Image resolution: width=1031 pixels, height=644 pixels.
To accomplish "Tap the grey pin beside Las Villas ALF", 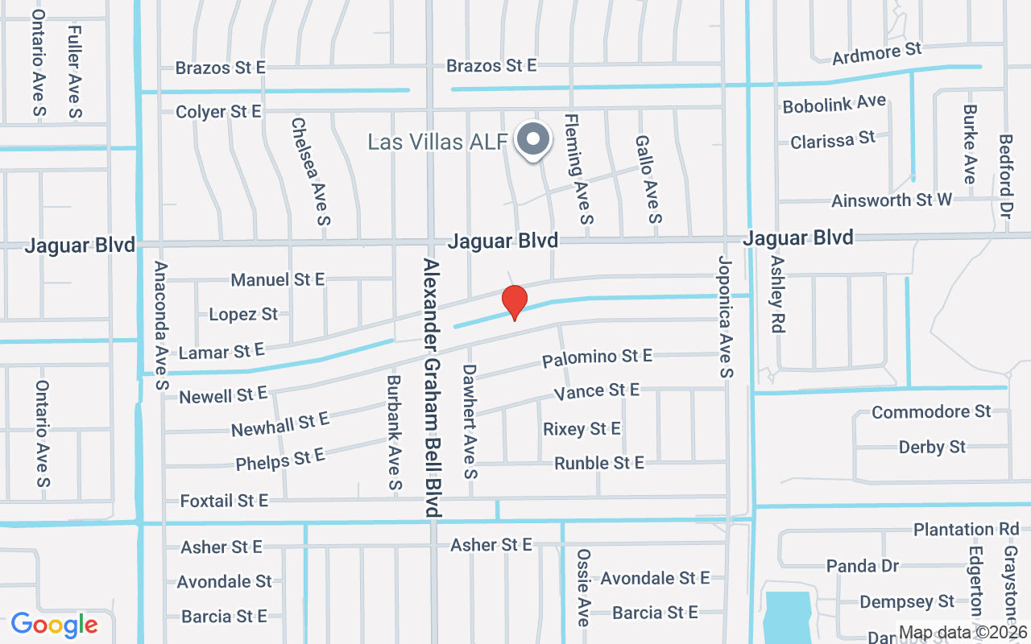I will point(532,141).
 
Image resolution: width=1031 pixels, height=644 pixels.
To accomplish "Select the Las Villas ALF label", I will point(437,142).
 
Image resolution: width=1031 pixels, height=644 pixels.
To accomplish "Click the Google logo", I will point(55,625).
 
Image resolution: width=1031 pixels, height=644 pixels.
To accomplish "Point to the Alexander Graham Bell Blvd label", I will point(433,388).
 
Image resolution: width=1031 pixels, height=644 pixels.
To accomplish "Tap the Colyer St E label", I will point(218,112).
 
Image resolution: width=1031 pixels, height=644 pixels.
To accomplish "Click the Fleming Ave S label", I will point(580,167).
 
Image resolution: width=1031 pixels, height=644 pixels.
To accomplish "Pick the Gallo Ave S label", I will point(648,179).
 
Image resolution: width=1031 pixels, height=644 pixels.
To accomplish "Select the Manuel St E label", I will point(277,279).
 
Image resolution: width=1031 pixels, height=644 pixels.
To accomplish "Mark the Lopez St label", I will point(243,314).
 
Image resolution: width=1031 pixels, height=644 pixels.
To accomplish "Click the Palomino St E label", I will point(597,356).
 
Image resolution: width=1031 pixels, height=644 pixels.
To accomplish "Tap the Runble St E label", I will point(599,463).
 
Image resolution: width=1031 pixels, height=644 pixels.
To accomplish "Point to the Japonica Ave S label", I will point(726,316).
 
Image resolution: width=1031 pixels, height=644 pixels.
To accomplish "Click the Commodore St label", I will point(931,412).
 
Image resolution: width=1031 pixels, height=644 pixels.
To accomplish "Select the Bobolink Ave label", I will point(834,104).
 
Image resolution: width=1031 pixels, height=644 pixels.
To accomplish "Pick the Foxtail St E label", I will point(224,501).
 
